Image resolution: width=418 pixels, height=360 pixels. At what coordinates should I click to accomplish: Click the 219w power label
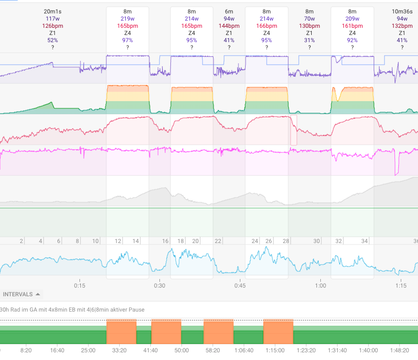128,18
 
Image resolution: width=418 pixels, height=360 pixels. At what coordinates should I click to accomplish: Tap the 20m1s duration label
53,11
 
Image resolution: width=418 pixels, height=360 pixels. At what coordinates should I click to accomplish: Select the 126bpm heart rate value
53,25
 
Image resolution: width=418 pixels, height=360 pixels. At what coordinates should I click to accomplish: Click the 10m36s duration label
402,11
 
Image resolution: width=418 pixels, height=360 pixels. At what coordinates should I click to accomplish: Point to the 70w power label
309,18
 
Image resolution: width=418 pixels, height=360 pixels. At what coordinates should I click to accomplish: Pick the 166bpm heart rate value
267,25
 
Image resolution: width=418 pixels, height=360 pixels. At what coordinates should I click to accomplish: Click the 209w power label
352,18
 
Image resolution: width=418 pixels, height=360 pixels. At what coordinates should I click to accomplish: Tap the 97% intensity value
128,40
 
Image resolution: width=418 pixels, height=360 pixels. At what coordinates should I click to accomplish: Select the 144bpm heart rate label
229,25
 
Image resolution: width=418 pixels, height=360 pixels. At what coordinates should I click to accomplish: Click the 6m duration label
229,11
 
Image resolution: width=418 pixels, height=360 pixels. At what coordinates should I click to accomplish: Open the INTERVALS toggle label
22,294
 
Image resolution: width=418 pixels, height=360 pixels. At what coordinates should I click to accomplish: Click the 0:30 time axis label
159,285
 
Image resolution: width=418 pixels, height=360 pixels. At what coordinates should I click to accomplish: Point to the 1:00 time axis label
320,285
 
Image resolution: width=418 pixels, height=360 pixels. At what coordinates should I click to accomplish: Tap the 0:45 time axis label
240,285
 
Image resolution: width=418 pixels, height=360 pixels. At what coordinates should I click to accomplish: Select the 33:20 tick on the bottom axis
119,350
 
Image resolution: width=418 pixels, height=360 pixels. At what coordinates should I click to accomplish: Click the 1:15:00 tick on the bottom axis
275,350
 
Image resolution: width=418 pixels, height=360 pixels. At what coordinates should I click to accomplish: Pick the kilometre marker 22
218,241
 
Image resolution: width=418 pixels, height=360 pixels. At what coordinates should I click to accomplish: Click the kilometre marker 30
317,241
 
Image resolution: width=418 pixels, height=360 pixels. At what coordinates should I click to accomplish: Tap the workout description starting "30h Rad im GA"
72,310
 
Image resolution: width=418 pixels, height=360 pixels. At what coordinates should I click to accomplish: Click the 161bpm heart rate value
352,25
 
